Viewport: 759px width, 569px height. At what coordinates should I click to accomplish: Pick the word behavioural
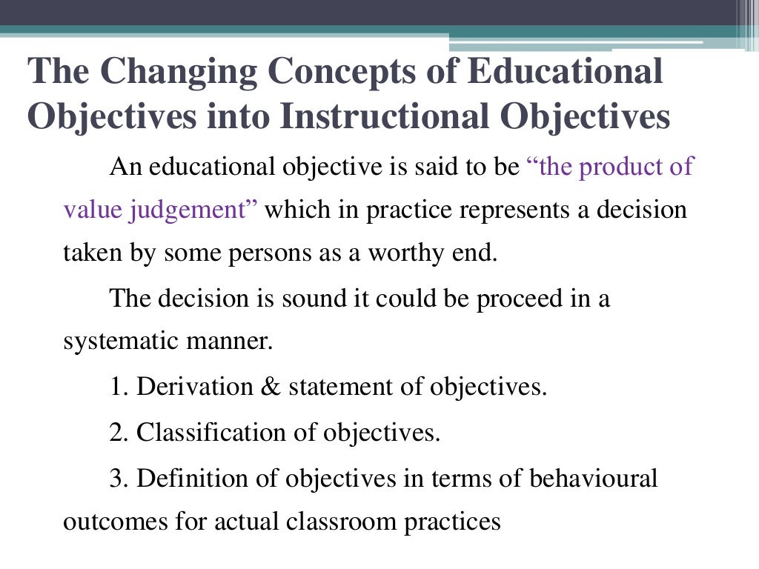coord(593,477)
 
